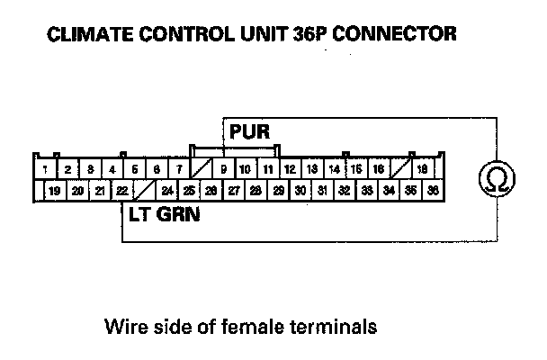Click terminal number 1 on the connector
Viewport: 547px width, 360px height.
tap(44, 169)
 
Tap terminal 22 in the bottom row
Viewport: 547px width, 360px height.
tap(122, 191)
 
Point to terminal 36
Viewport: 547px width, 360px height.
tap(433, 191)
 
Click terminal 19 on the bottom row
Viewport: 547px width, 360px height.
tap(55, 191)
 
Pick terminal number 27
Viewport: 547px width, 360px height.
tap(233, 191)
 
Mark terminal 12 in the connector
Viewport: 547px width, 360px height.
tap(290, 169)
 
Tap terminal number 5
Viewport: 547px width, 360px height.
tap(133, 169)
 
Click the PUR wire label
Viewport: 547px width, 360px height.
tap(249, 132)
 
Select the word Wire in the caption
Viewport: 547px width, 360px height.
tap(124, 324)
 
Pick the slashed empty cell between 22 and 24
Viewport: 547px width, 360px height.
tap(144, 191)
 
